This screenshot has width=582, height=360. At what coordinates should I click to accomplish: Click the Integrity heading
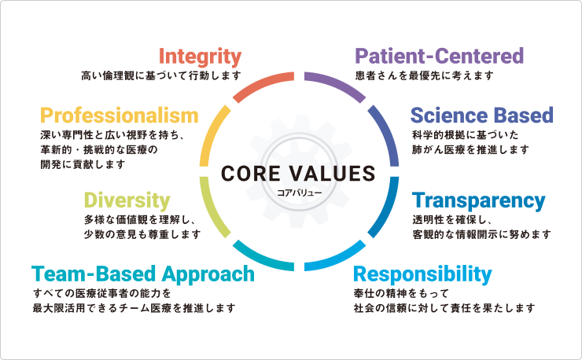(200, 57)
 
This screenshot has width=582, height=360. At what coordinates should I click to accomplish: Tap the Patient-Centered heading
(440, 56)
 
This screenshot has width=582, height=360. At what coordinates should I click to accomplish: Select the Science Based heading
(482, 115)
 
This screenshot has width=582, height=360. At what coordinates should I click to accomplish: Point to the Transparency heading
(478, 201)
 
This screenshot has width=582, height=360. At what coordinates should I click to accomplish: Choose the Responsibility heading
(422, 275)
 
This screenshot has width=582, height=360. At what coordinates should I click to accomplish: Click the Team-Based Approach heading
(143, 275)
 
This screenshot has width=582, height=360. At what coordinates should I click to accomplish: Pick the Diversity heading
(127, 201)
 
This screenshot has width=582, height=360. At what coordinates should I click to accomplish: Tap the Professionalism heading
(120, 115)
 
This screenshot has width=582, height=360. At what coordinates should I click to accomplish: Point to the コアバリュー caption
(299, 193)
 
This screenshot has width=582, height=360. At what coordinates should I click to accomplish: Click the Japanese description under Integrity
(161, 75)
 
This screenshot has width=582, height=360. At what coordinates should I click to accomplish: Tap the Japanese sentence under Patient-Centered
(424, 75)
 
